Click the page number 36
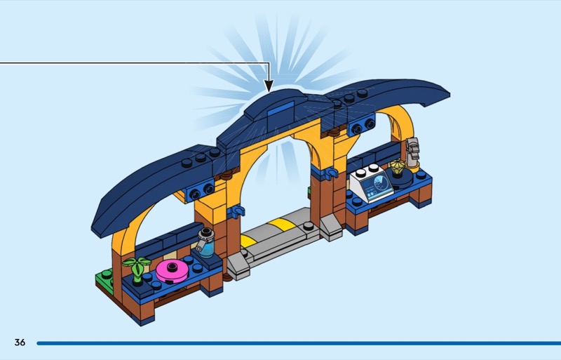(x=20, y=342)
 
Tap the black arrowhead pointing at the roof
(x=269, y=86)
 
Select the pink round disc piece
(x=172, y=271)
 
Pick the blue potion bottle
(x=206, y=244)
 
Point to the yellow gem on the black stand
(x=398, y=167)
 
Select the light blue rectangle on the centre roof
(x=281, y=109)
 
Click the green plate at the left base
(x=103, y=279)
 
